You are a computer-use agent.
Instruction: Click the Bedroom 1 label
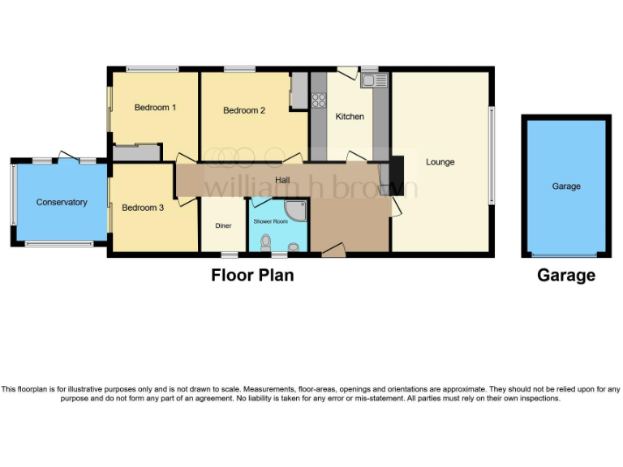pyautogui.click(x=155, y=107)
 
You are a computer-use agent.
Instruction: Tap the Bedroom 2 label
pyautogui.click(x=244, y=110)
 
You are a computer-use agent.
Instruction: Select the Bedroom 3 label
pyautogui.click(x=143, y=208)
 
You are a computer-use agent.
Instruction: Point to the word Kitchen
pyautogui.click(x=350, y=117)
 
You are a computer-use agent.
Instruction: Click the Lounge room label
pyautogui.click(x=440, y=162)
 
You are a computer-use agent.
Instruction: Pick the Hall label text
pyautogui.click(x=282, y=180)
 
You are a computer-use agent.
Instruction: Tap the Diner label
pyautogui.click(x=224, y=226)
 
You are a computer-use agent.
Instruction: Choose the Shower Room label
pyautogui.click(x=270, y=221)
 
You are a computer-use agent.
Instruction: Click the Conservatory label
pyautogui.click(x=62, y=202)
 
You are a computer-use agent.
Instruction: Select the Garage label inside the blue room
pyautogui.click(x=566, y=186)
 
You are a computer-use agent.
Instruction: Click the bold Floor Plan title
pyautogui.click(x=252, y=276)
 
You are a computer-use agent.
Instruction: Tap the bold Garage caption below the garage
pyautogui.click(x=566, y=276)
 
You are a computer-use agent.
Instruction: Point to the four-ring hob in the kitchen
pyautogui.click(x=318, y=101)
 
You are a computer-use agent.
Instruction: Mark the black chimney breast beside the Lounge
pyautogui.click(x=396, y=171)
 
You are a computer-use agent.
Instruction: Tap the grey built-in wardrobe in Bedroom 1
pyautogui.click(x=135, y=152)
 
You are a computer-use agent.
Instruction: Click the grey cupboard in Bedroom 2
pyautogui.click(x=299, y=91)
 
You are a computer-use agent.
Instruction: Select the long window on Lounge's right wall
pyautogui.click(x=491, y=155)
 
